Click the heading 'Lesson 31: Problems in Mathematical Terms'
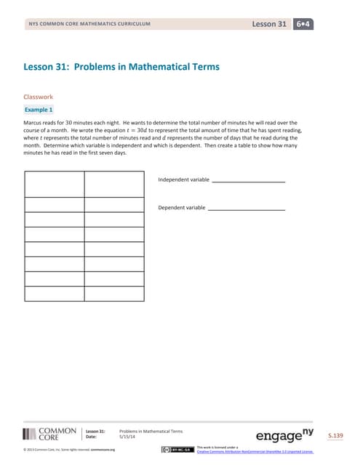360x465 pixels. [121, 68]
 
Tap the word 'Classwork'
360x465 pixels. [39, 96]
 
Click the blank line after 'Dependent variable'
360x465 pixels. [246, 209]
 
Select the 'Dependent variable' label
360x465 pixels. [181, 208]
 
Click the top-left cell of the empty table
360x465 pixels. [54, 184]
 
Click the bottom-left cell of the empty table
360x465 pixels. [54, 294]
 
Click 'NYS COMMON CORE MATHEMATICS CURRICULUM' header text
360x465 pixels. [89, 25]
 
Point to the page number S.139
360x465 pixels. [335, 435]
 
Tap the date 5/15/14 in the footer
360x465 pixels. [129, 437]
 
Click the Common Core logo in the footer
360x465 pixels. [49, 434]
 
